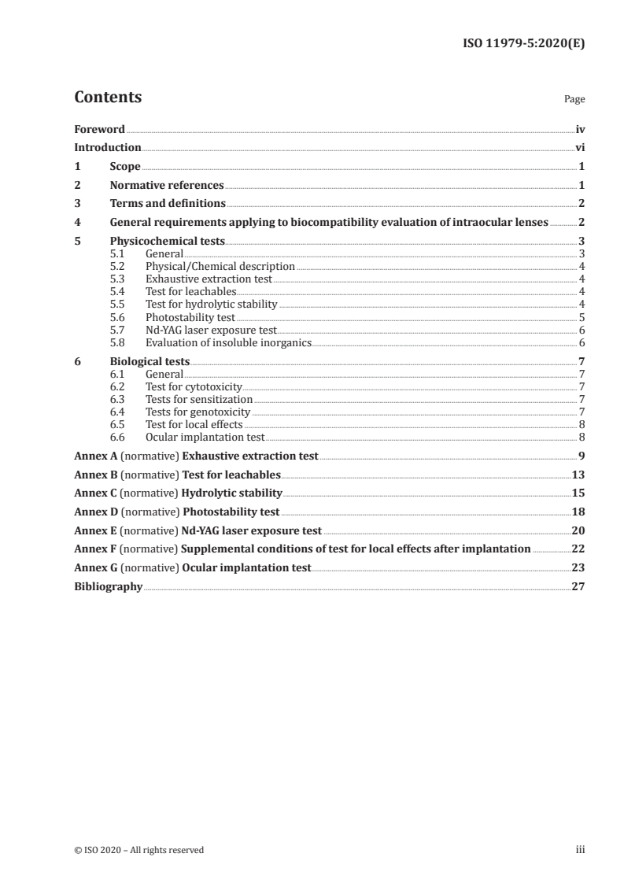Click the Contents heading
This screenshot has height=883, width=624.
click(x=108, y=98)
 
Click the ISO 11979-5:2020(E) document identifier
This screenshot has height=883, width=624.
click(x=523, y=43)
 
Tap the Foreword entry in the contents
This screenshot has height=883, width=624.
click(x=99, y=129)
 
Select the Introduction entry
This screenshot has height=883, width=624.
click(x=108, y=147)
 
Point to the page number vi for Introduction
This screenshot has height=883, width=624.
click(x=579, y=147)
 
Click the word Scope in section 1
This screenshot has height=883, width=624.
click(x=125, y=167)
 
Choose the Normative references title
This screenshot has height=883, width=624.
click(x=167, y=186)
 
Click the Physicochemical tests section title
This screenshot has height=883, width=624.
click(x=167, y=242)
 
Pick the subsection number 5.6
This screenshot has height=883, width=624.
click(x=117, y=317)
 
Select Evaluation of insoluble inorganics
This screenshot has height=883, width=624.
click(x=228, y=342)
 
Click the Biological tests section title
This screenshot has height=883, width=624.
click(x=150, y=362)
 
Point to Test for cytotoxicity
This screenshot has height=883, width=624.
click(x=194, y=387)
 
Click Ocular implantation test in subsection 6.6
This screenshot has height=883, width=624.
click(x=205, y=437)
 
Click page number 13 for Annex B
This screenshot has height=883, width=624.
click(x=578, y=475)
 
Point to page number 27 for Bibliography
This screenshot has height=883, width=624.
click(x=578, y=586)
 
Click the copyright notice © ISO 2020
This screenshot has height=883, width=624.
click(x=138, y=849)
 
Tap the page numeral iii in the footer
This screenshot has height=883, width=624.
click(x=580, y=849)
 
